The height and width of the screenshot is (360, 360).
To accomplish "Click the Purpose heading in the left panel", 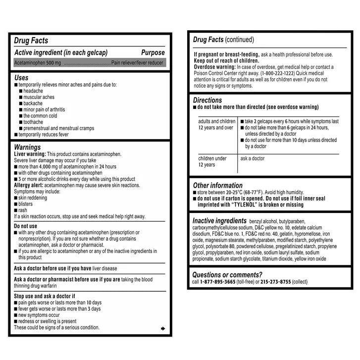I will point(153,52).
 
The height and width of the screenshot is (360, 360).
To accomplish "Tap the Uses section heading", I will point(21,78).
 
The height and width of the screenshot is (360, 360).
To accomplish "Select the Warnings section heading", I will point(27,147).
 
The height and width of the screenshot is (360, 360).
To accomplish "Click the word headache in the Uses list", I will point(33,91).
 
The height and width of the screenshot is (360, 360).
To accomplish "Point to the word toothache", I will point(33,122).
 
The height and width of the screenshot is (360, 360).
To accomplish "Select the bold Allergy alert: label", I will point(31,185).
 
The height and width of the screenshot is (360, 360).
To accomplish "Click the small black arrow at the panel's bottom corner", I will point(163,328).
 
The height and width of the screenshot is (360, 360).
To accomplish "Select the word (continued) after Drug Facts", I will point(239,40).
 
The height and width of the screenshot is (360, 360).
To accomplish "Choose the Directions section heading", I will point(207,100).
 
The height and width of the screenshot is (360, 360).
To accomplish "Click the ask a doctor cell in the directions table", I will point(253,158).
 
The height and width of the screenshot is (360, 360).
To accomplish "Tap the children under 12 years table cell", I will point(213,161).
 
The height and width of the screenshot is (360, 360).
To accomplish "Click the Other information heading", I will point(217,185).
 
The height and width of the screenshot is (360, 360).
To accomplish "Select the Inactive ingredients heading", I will point(219,220).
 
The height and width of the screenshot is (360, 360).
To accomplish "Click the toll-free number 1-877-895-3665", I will point(218,282).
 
